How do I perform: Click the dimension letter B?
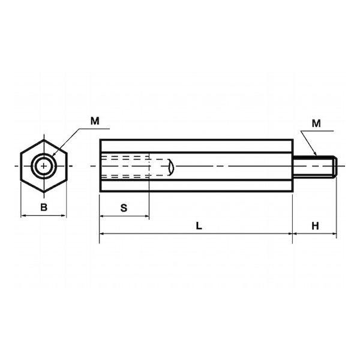click(x=44, y=207)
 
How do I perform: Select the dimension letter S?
click(x=124, y=208)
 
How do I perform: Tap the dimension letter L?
click(x=199, y=226)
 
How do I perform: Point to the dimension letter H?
click(x=315, y=226)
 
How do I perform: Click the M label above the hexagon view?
click(x=95, y=121)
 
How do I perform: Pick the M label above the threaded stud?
click(x=316, y=124)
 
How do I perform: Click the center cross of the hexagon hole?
click(x=44, y=166)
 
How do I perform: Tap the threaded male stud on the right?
click(x=315, y=166)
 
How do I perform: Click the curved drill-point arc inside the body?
click(x=173, y=166)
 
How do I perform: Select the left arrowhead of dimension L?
click(x=102, y=234)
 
